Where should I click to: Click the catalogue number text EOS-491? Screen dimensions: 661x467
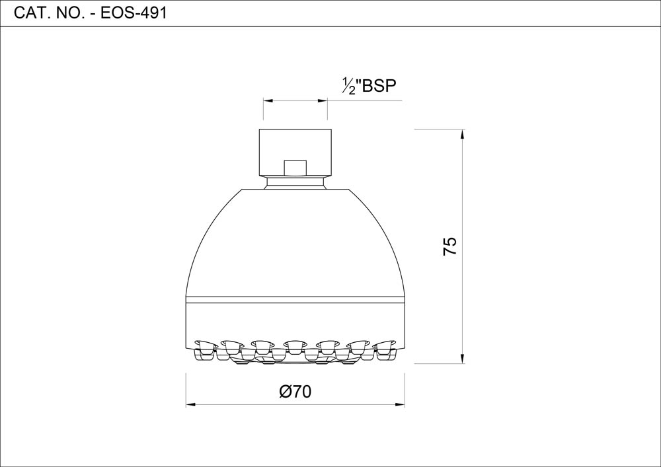coord(134,13)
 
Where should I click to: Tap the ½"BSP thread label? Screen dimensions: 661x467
coord(369,86)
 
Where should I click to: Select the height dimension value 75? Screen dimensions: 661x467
coord(450,246)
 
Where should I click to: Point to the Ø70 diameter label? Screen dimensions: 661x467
coord(295,392)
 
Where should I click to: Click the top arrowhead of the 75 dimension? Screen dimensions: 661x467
coord(463,134)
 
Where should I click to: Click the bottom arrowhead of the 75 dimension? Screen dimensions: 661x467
coord(463,358)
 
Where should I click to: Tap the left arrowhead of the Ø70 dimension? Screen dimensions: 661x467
coord(191,405)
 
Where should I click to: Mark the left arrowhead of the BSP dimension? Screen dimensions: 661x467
coord(268,100)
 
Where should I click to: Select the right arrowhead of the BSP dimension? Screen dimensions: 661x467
coord(323,100)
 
